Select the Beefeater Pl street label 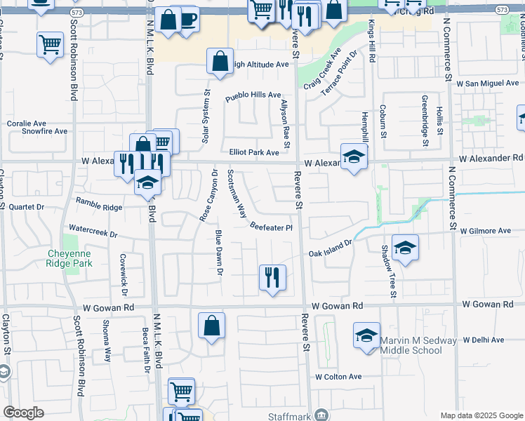tap(270, 226)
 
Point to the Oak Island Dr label tap(330, 249)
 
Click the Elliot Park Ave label tap(254, 152)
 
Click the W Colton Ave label tap(338, 377)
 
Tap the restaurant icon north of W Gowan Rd tap(272, 277)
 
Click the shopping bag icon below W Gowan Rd tap(211, 326)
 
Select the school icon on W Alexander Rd tap(354, 156)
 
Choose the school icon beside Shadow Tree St tap(405, 248)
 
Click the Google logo tap(24, 413)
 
